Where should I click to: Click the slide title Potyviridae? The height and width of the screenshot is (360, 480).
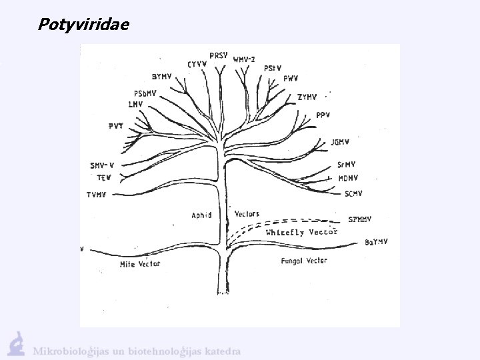tap(84, 25)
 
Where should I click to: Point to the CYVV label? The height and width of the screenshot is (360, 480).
tap(197, 64)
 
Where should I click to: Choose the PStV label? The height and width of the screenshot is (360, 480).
tap(273, 68)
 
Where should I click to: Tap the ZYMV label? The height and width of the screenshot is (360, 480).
tap(307, 97)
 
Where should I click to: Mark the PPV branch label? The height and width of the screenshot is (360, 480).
tap(323, 115)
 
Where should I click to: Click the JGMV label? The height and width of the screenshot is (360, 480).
tap(340, 141)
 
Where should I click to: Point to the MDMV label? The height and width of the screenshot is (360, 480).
tap(349, 178)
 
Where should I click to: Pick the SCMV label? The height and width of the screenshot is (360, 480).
tap(354, 194)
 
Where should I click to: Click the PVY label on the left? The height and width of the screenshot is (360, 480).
tap(116, 126)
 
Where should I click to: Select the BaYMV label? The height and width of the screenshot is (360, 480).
tap(377, 242)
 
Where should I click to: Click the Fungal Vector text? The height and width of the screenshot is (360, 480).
tap(303, 261)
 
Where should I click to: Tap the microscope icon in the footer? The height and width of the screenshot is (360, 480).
tap(17, 344)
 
